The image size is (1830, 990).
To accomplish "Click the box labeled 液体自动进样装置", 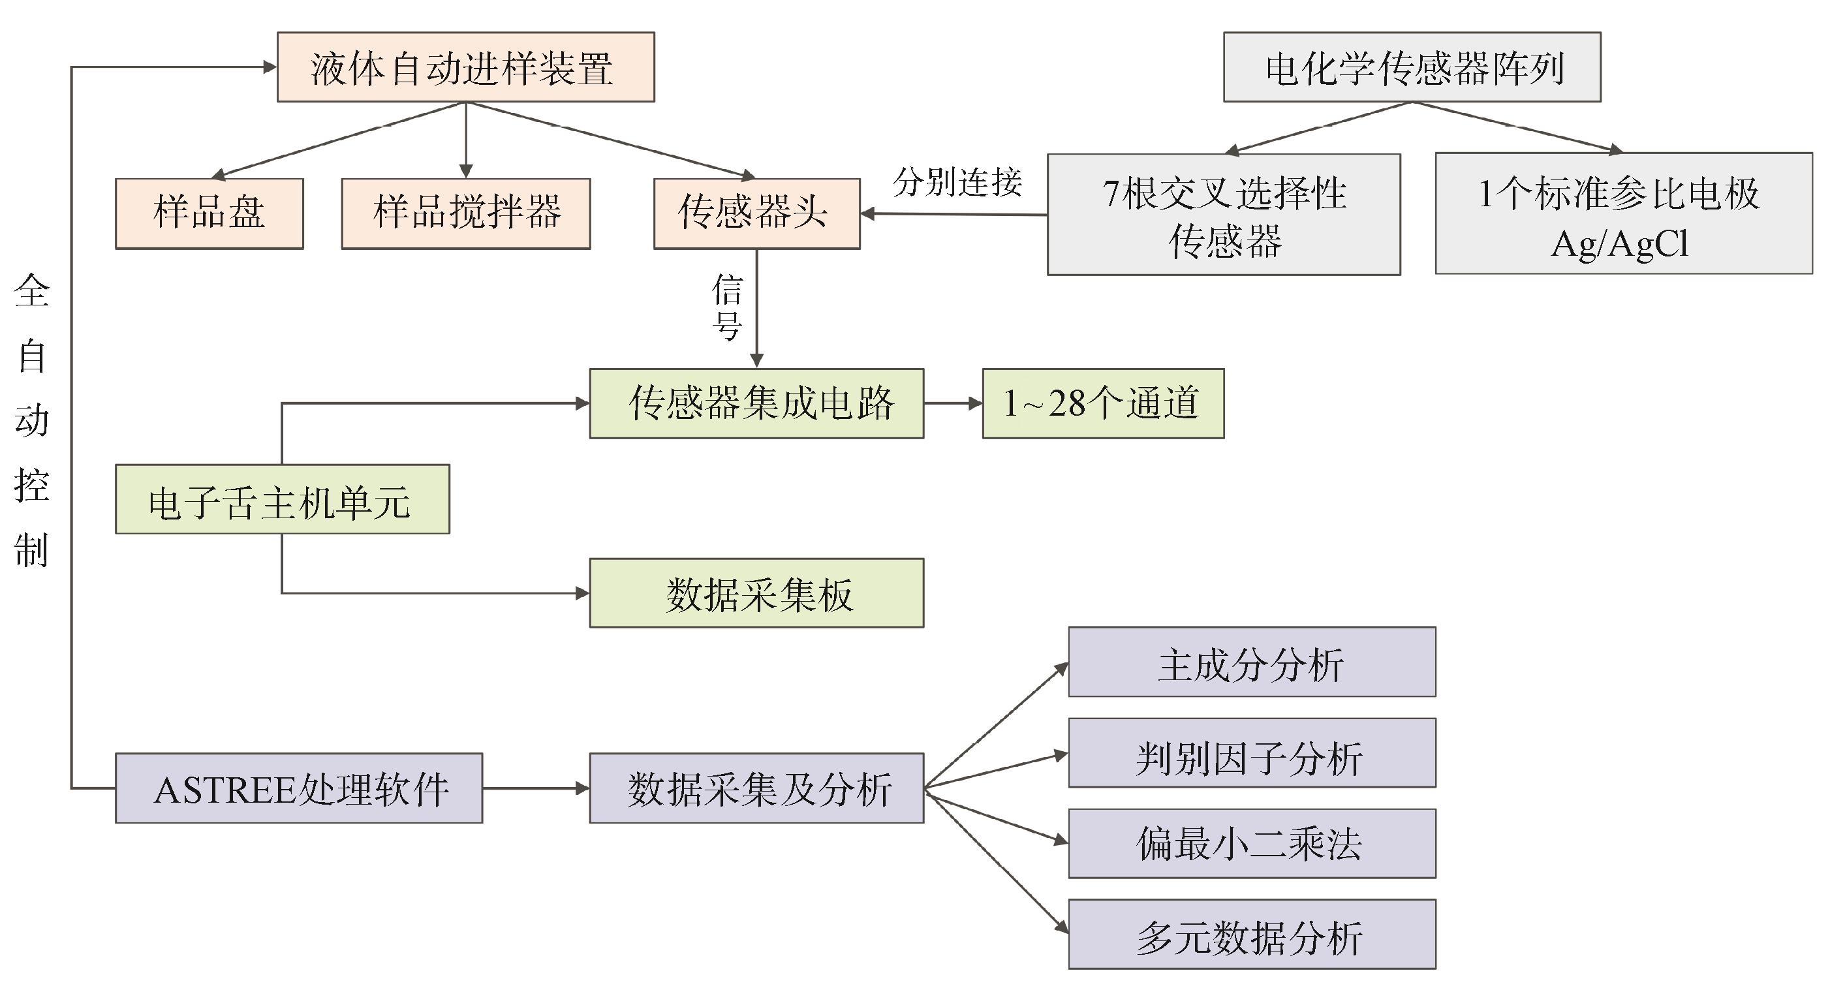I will tap(465, 67).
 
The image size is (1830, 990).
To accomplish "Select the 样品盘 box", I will tap(209, 213).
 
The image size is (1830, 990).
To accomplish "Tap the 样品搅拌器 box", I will tap(466, 213).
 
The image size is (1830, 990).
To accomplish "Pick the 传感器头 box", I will tap(756, 213).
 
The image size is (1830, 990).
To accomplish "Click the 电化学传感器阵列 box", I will tap(1412, 67).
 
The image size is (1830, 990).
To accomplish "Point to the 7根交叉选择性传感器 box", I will tap(1223, 215).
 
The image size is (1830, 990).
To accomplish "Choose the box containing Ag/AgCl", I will tap(1623, 213).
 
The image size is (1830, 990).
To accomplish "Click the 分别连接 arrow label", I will tap(957, 183).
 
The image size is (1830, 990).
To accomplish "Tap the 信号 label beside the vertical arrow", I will tap(728, 307).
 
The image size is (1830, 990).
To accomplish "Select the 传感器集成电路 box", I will tap(756, 403).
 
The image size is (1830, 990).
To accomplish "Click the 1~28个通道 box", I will tap(1102, 403).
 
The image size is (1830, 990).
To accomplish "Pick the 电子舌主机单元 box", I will tap(282, 499).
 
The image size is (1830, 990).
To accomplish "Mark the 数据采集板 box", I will tap(756, 593).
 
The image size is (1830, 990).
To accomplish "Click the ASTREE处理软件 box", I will tap(298, 788).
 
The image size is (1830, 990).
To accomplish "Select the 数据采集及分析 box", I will tap(756, 788).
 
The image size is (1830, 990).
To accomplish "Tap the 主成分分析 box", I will tap(1252, 662).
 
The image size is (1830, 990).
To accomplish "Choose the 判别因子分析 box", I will tap(1252, 753).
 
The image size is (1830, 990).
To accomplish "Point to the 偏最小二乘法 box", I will tap(1252, 844).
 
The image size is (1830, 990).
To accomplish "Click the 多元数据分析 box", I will tap(1252, 935).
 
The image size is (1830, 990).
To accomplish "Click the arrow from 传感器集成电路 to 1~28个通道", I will tap(953, 403).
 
